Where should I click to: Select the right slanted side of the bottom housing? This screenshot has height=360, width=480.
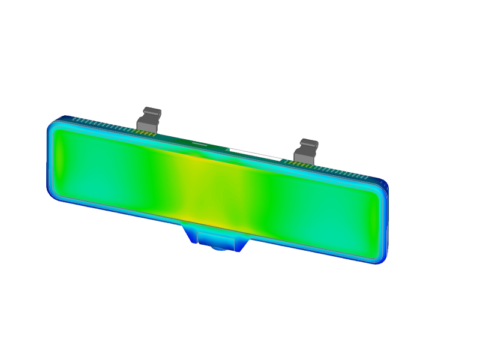[243, 241]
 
